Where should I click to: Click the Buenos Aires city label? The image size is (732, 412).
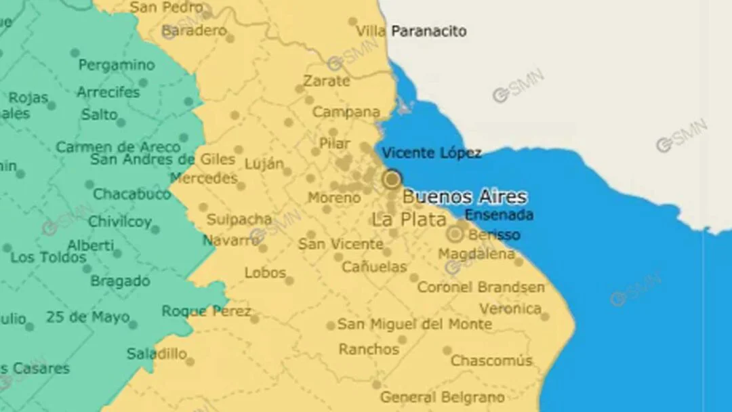tap(464, 197)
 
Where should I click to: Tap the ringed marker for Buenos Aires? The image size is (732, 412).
tap(392, 180)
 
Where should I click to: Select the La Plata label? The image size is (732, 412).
tap(409, 220)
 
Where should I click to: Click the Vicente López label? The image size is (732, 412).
tap(432, 153)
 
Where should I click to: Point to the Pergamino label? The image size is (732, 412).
tap(117, 66)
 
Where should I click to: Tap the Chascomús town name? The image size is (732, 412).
tap(491, 360)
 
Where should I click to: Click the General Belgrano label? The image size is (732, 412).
tap(442, 397)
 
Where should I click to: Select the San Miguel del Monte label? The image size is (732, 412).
tap(415, 324)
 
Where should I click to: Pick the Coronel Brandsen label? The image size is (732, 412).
tap(481, 287)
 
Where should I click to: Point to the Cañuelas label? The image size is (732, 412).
tap(374, 267)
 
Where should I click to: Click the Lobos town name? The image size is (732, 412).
tap(265, 273)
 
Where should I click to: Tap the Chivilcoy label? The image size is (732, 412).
tap(120, 222)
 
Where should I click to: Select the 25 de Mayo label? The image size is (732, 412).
tap(87, 316)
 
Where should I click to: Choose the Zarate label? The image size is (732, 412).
tap(327, 81)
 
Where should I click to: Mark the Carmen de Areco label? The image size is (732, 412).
tap(118, 147)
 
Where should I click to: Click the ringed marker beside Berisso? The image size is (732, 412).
tap(455, 234)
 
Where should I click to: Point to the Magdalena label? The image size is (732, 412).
tap(476, 254)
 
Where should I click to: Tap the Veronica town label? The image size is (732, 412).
tap(510, 309)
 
